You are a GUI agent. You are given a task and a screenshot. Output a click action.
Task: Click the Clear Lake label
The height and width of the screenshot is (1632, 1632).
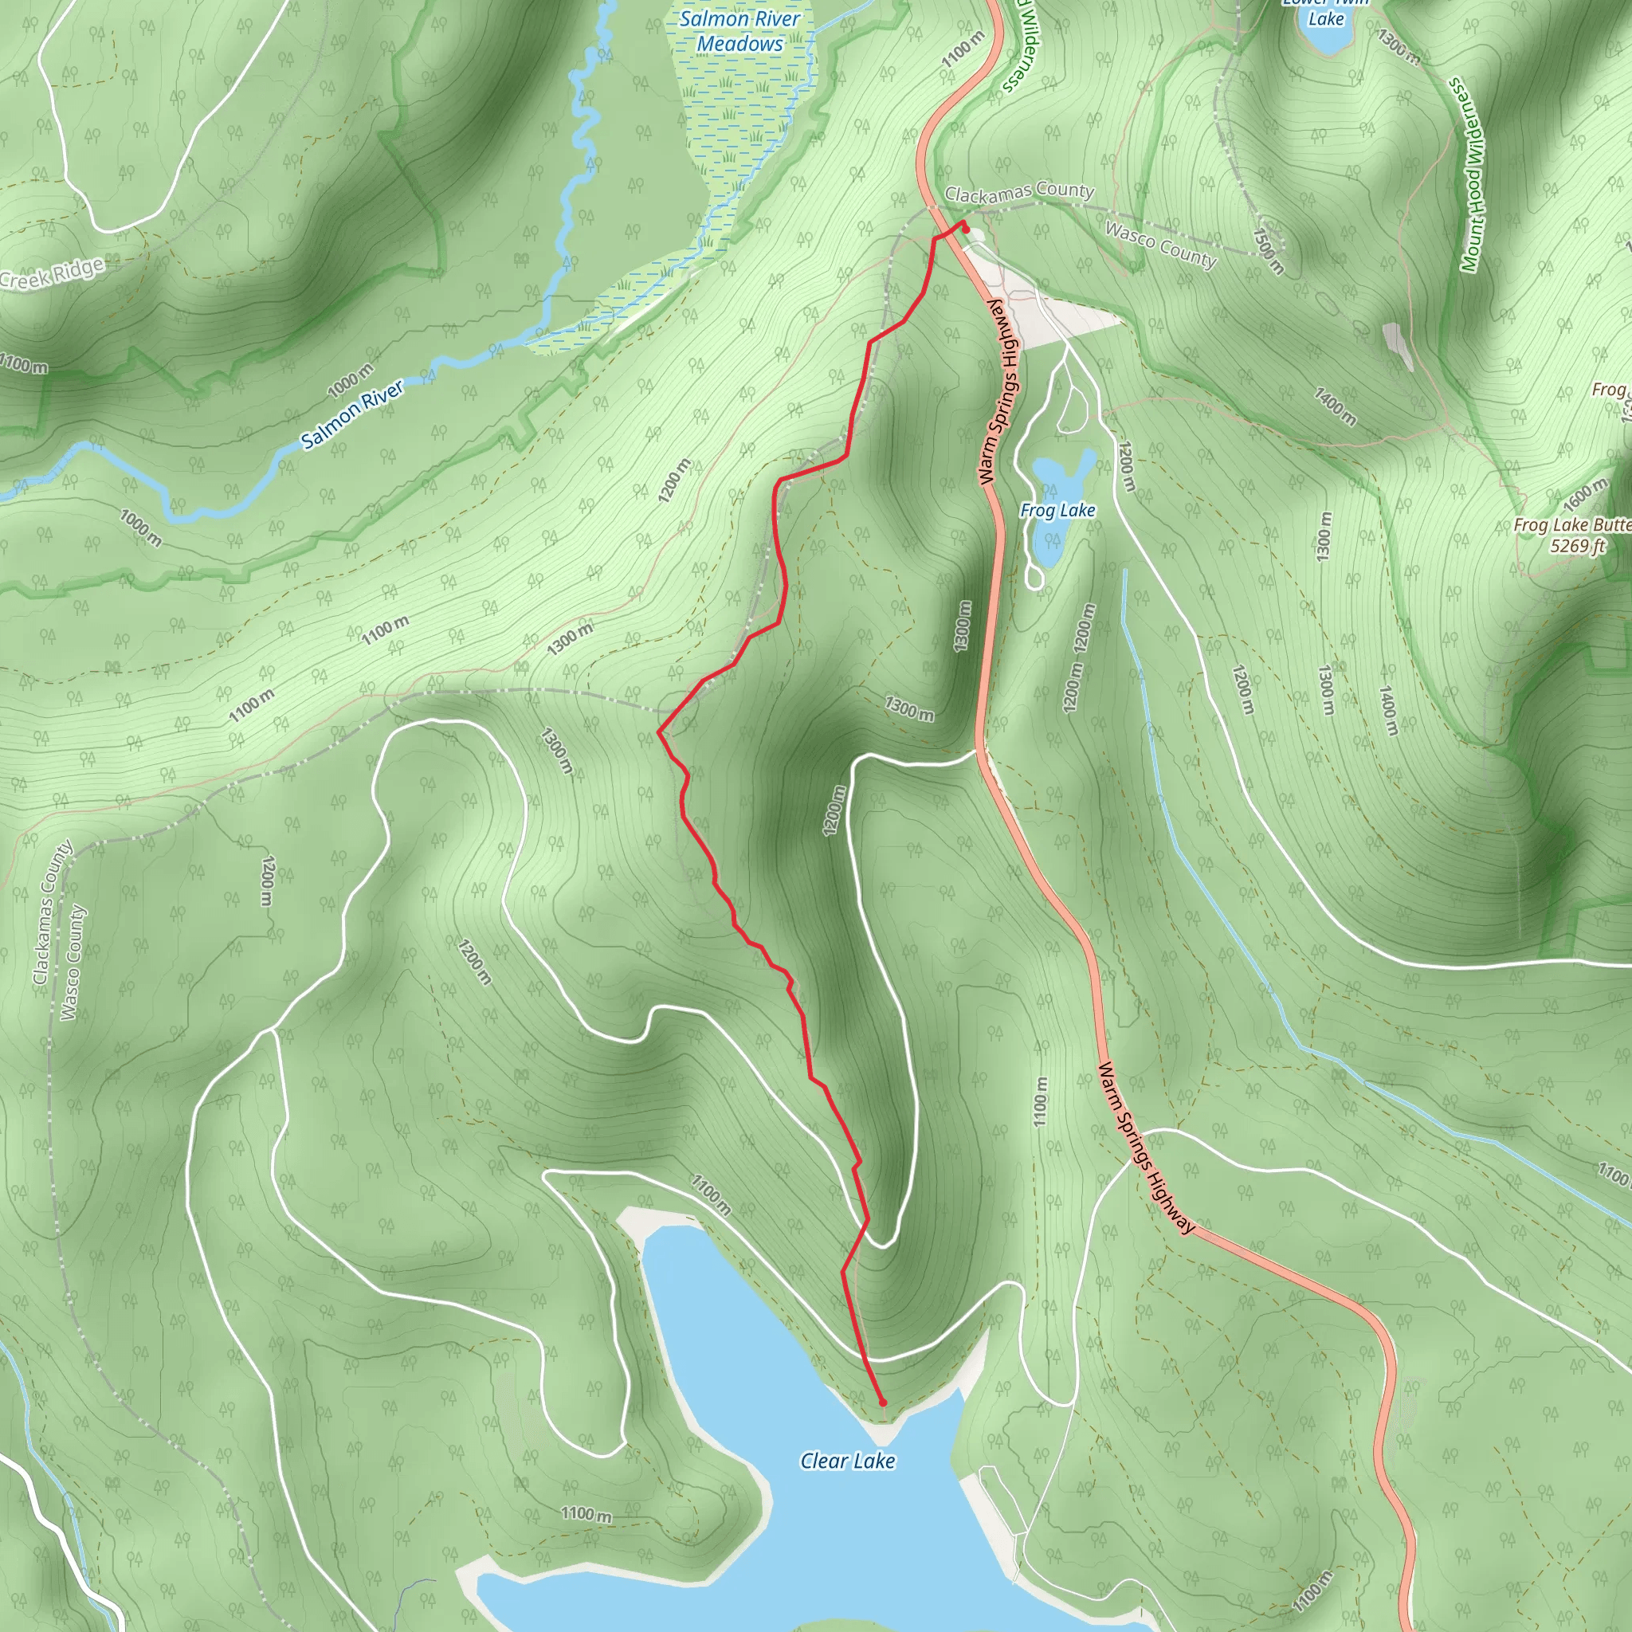coord(847,1461)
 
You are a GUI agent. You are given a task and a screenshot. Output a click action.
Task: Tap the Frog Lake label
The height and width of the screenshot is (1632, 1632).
coord(1057,510)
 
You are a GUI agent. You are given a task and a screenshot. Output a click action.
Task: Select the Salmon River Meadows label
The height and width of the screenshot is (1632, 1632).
coord(740,31)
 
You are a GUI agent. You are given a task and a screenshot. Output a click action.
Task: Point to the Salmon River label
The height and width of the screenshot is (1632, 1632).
coord(352,414)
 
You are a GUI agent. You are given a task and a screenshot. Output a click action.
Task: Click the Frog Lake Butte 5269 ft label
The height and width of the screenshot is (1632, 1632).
coord(1572,535)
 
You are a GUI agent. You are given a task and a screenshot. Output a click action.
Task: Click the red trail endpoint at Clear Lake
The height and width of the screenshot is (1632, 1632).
coord(883,1402)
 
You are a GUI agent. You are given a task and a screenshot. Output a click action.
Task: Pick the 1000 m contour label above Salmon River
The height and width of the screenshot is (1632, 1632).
coord(350,381)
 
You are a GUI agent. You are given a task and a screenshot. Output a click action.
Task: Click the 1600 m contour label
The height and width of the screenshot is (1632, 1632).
coord(1585,494)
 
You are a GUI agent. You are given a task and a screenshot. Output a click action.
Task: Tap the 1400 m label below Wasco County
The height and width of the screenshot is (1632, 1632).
coord(1335,406)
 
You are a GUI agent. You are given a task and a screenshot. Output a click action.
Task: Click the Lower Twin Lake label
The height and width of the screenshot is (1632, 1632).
coord(1325,12)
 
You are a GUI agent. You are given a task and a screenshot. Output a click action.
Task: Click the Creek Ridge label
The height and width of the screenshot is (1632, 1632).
coord(53,273)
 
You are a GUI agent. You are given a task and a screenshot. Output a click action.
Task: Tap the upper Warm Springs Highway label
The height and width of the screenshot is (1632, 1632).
coord(1000,393)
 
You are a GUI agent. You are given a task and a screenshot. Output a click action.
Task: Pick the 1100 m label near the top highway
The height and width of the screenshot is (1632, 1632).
coord(963,49)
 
